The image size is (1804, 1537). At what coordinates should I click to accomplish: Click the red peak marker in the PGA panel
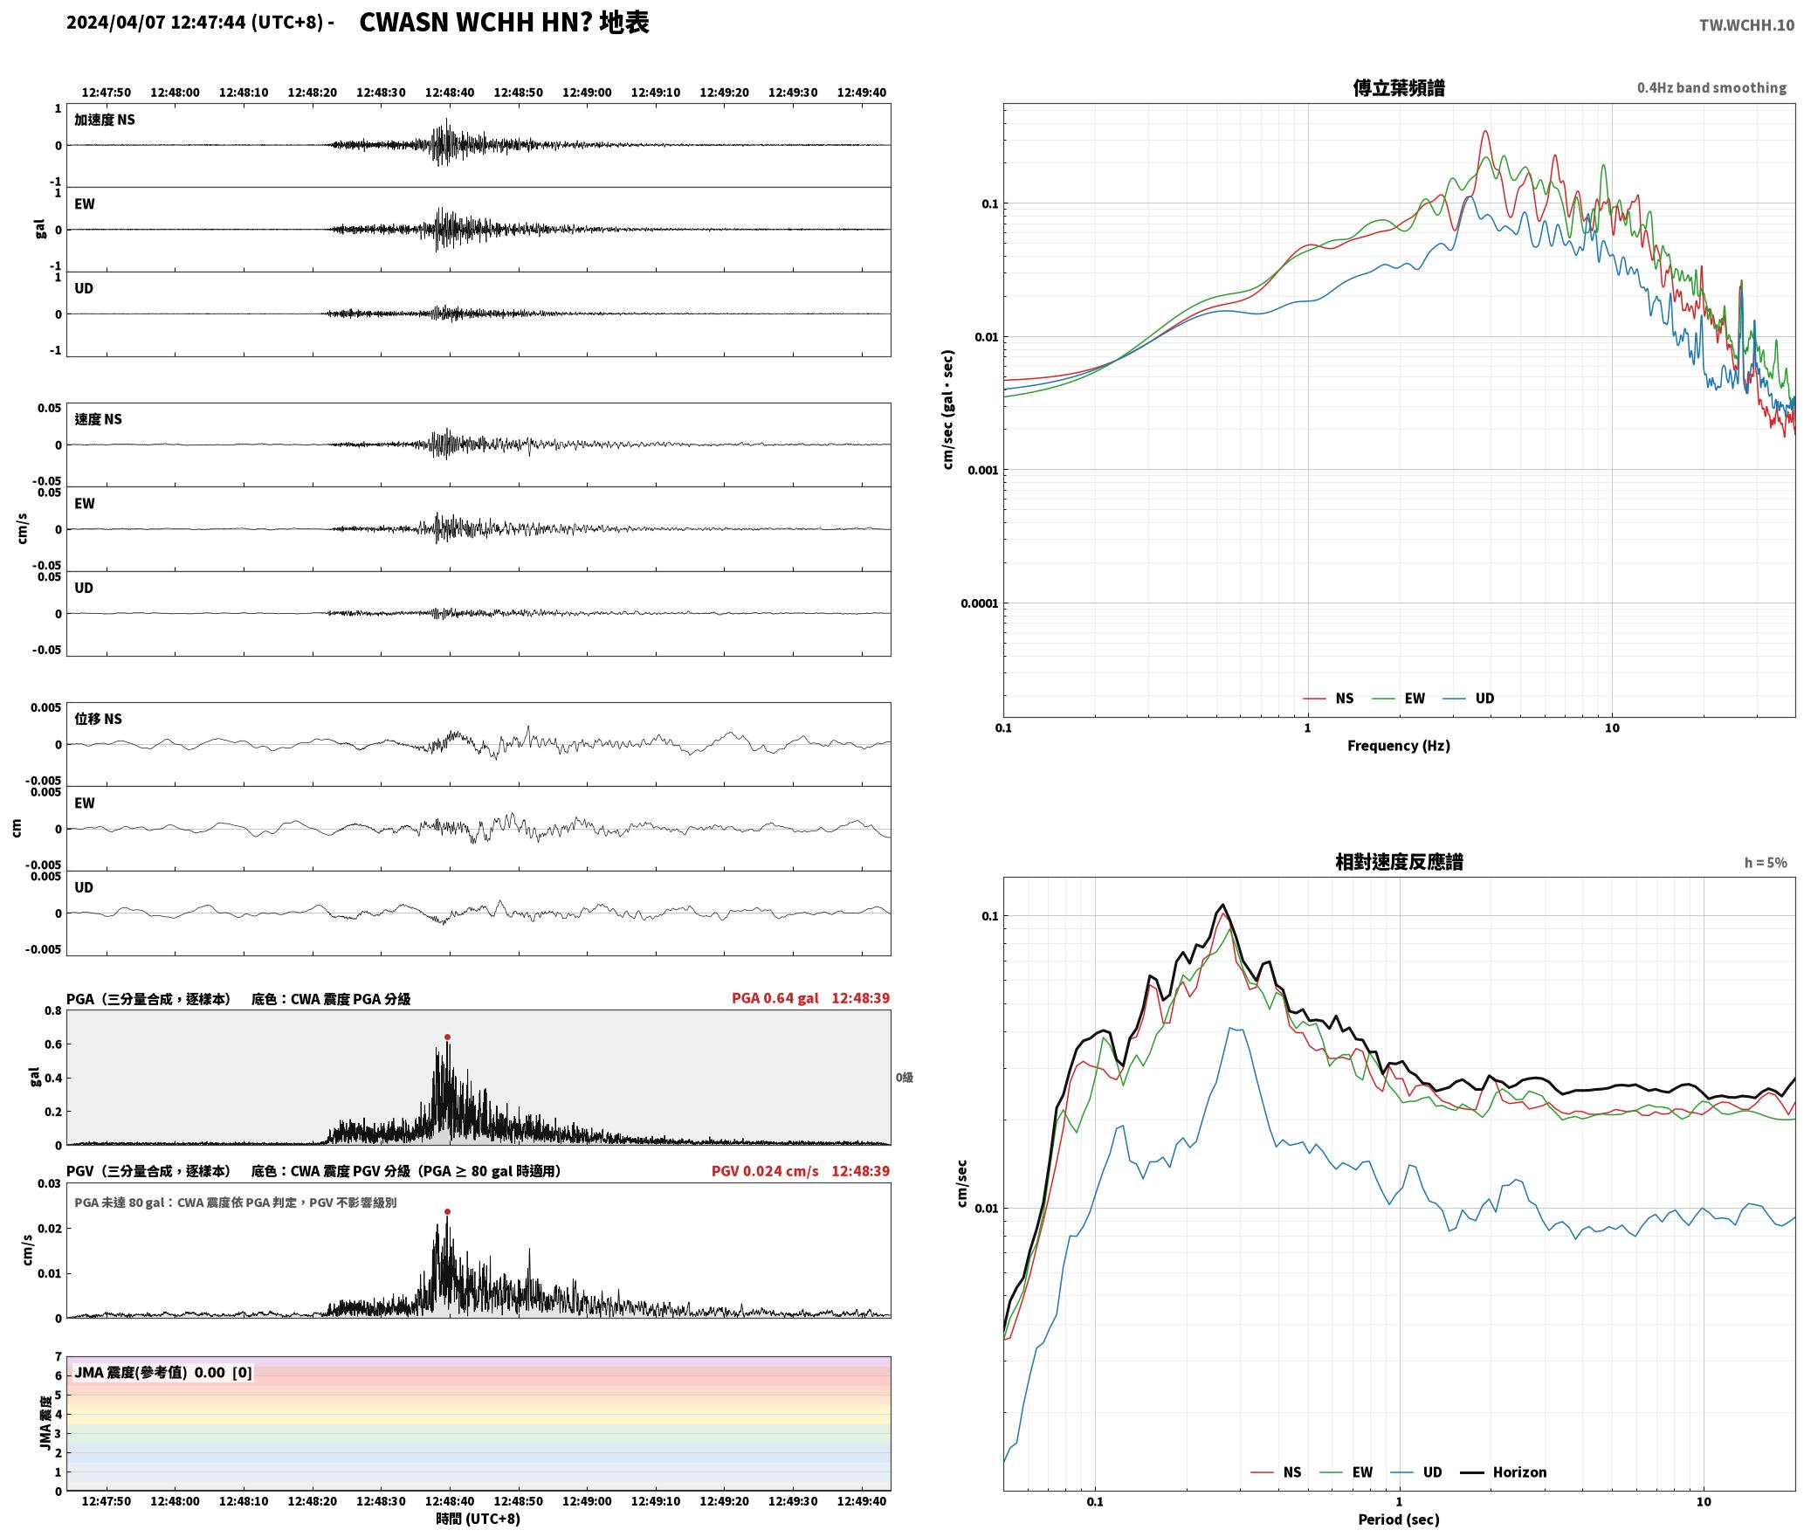(447, 1037)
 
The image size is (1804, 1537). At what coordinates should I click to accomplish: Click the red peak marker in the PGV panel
(447, 1211)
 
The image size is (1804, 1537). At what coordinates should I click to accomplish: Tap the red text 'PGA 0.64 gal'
(775, 998)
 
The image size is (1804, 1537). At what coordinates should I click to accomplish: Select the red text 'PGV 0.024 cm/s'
(765, 1171)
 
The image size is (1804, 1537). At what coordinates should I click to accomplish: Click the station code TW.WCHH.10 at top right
(1746, 25)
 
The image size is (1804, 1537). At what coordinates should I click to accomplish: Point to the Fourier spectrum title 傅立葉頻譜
(1399, 87)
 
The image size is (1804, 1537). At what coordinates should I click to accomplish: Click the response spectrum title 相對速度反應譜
(1399, 862)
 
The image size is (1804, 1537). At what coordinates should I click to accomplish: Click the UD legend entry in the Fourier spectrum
(1469, 699)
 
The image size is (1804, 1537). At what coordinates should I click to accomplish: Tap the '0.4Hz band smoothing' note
(1711, 88)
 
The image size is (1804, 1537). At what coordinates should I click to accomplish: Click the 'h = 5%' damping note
(1766, 863)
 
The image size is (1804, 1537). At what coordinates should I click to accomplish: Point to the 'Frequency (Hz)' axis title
(1399, 746)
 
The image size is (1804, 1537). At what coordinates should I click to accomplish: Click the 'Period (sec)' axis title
(1399, 1520)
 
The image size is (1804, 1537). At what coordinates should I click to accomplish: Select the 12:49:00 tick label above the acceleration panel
(587, 93)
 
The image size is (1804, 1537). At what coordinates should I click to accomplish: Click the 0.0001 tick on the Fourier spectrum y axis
(979, 603)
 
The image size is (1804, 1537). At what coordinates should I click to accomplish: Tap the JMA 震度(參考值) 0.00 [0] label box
(163, 1372)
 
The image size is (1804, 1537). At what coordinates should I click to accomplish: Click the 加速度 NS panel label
(105, 120)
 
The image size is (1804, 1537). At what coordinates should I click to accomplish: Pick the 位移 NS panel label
(98, 719)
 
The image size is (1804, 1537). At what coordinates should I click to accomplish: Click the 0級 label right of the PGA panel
(904, 1078)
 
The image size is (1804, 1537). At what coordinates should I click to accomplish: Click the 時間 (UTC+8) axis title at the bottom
(479, 1520)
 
